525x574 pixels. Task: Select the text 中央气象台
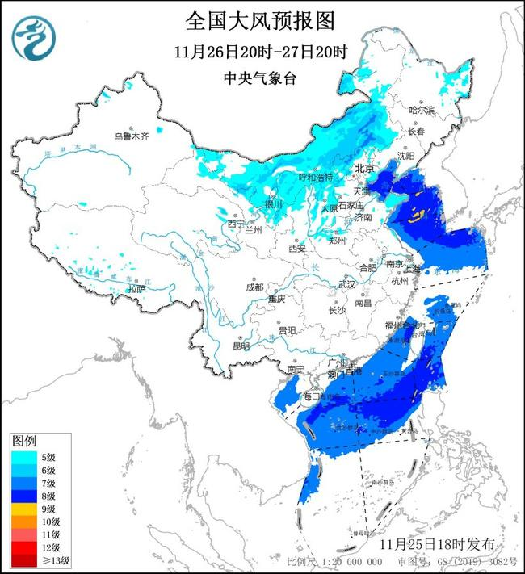tap(260, 78)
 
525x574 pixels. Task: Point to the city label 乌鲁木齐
tap(131, 136)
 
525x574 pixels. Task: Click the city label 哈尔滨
tap(421, 109)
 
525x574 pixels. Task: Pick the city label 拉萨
tap(137, 288)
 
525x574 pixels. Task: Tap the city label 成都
tap(254, 287)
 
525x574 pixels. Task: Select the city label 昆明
tap(241, 346)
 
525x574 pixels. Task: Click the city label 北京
tap(365, 169)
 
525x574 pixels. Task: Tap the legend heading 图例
tap(24, 442)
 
